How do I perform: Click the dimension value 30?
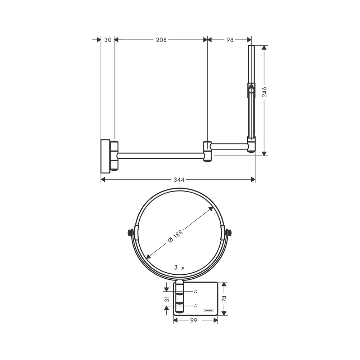pyautogui.click(x=108, y=40)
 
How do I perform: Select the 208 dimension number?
pyautogui.click(x=161, y=40)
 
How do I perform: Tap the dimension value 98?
pyautogui.click(x=230, y=40)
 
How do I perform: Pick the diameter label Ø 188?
pyautogui.click(x=175, y=238)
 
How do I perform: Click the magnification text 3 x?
pyautogui.click(x=179, y=267)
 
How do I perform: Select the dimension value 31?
pyautogui.click(x=166, y=298)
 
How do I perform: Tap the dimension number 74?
pyautogui.click(x=224, y=298)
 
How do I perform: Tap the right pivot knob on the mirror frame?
pyautogui.click(x=229, y=233)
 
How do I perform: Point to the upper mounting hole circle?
pyautogui.click(x=195, y=291)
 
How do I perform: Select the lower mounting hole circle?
pyautogui.click(x=195, y=306)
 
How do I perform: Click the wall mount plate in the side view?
pyautogui.click(x=105, y=155)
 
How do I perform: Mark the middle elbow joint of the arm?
pyautogui.click(x=207, y=151)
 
